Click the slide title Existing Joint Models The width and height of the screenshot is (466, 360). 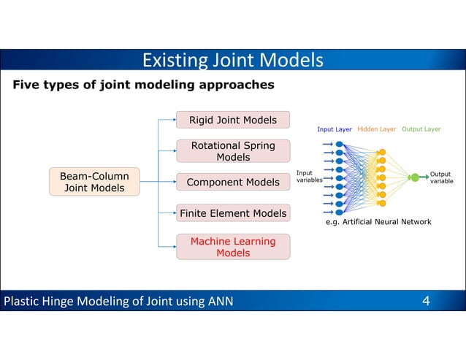pyautogui.click(x=232, y=60)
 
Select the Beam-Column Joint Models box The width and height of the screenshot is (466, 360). pyautogui.click(x=94, y=183)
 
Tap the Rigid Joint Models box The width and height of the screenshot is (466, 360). pyautogui.click(x=232, y=120)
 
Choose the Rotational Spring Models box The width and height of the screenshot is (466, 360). pyautogui.click(x=232, y=151)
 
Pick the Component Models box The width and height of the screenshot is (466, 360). pyautogui.click(x=232, y=183)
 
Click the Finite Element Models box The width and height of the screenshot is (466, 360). pyautogui.click(x=232, y=214)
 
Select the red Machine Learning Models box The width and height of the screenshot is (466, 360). pyautogui.click(x=232, y=247)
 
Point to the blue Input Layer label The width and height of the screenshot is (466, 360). pyautogui.click(x=335, y=129)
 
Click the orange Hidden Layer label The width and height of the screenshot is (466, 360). pyautogui.click(x=377, y=129)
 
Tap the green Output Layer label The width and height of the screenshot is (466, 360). pyautogui.click(x=421, y=129)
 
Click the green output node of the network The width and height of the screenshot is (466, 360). pyautogui.click(x=415, y=177)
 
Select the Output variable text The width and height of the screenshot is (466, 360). pyautogui.click(x=441, y=177)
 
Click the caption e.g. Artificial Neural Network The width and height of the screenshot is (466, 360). pyautogui.click(x=378, y=222)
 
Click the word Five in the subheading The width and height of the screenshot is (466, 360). pyautogui.click(x=26, y=85)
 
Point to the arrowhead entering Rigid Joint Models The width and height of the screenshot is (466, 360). pyautogui.click(x=173, y=120)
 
